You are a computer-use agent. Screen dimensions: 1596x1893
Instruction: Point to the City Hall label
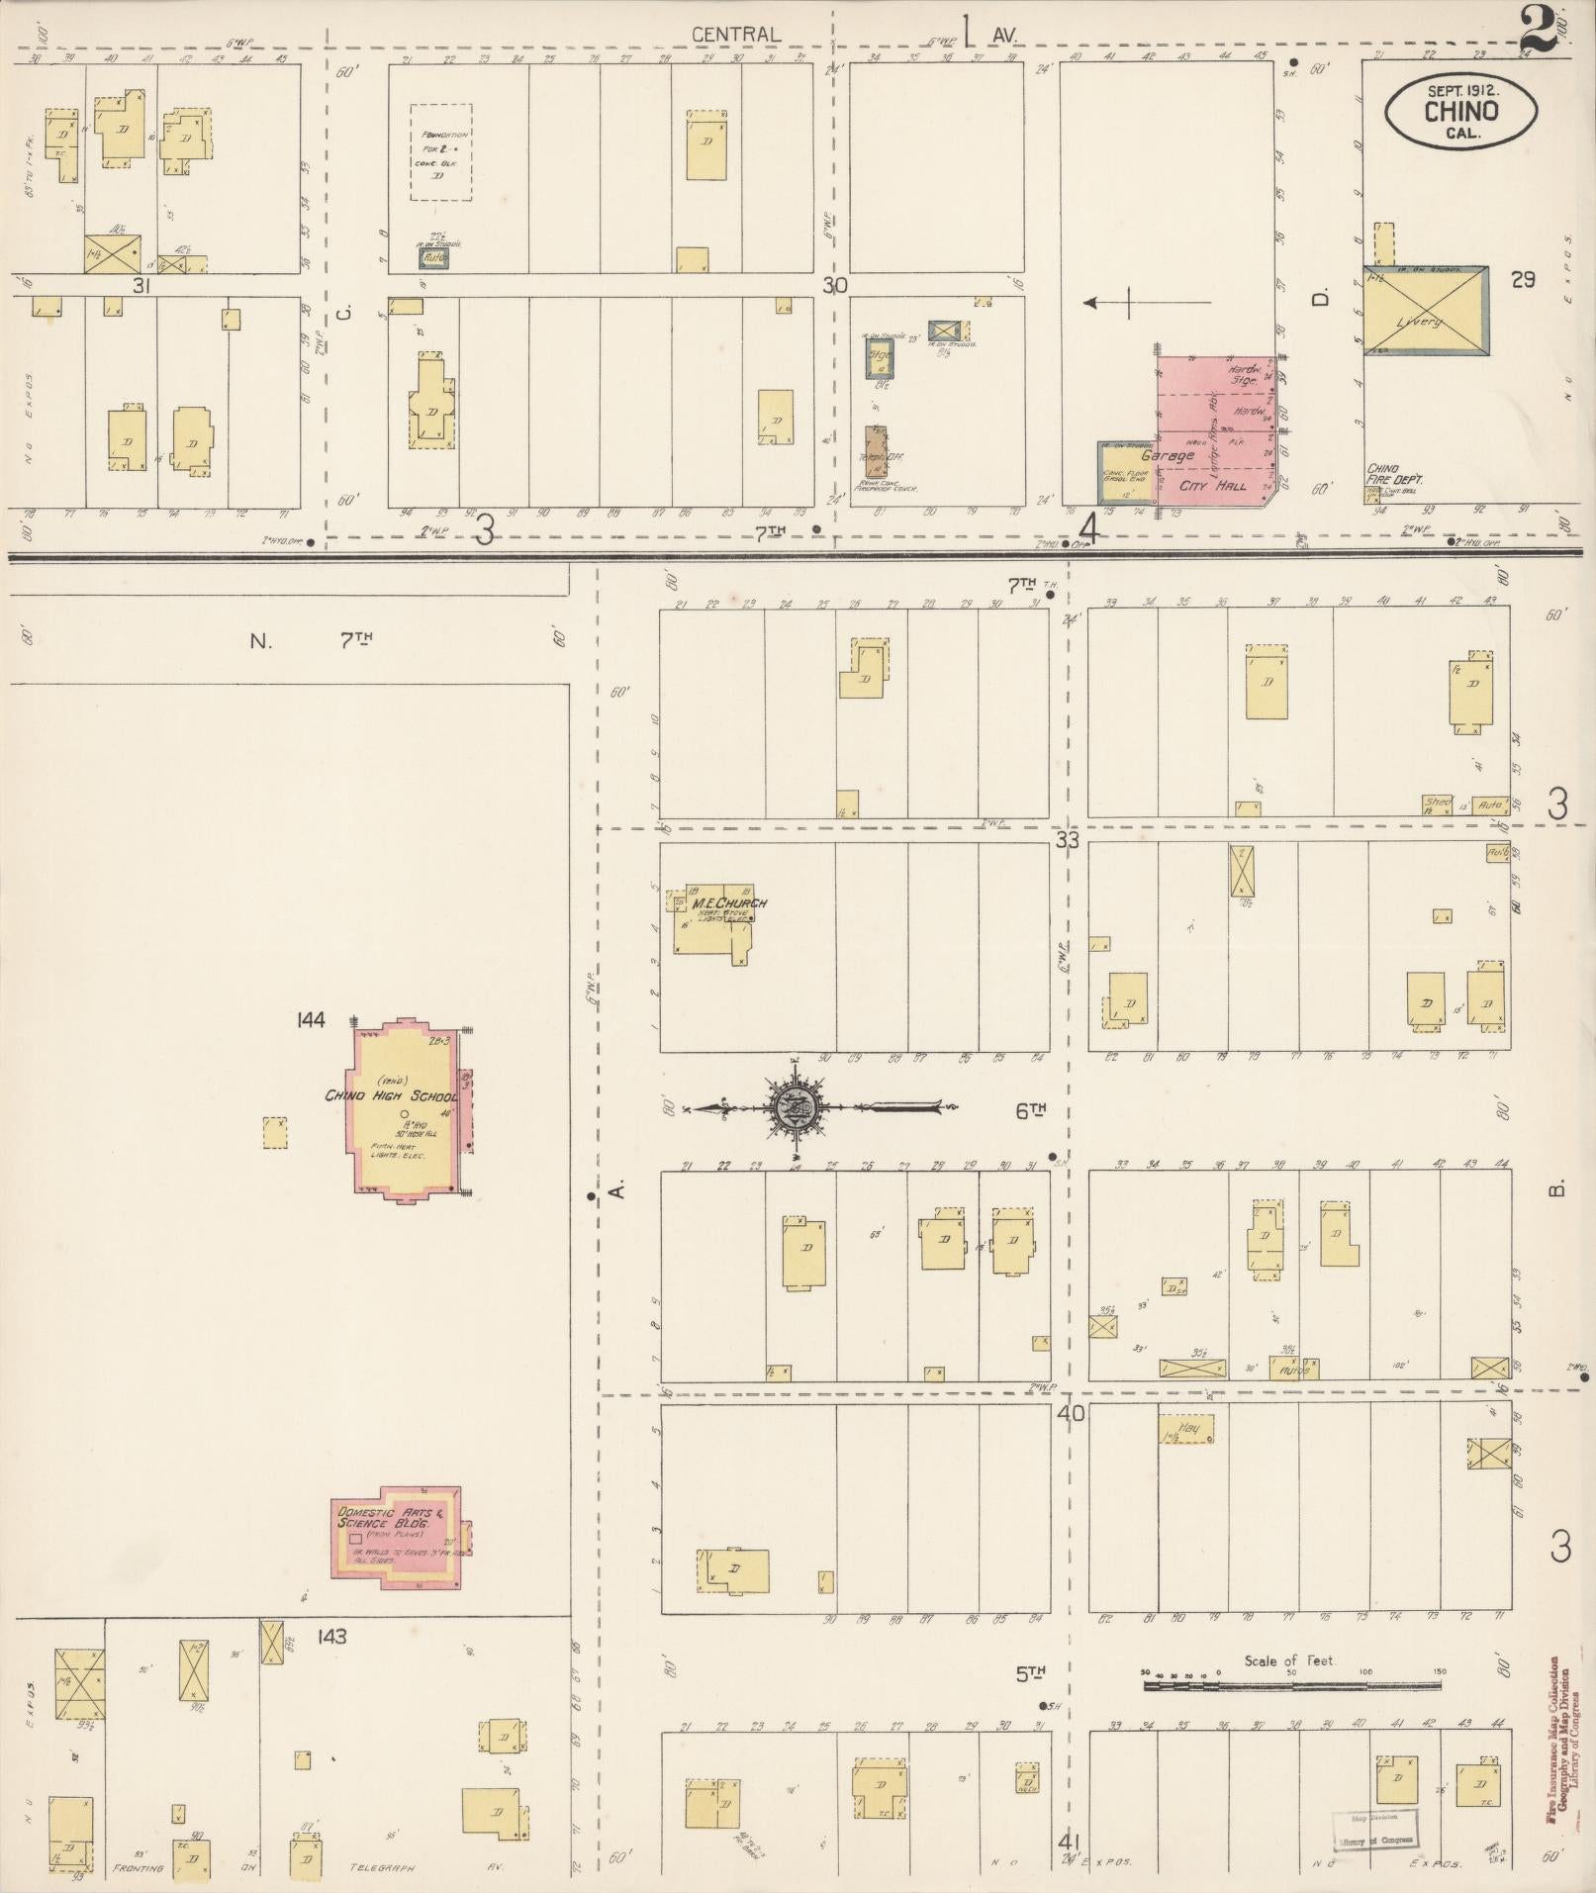click(1212, 486)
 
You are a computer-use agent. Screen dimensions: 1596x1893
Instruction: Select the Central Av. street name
click(737, 35)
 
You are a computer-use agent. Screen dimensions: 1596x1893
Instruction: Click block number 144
click(311, 1020)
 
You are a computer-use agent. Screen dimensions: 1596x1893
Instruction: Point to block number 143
click(332, 1637)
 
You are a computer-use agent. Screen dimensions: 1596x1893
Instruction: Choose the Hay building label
click(1188, 1428)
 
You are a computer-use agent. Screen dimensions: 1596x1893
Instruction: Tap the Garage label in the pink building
click(1168, 455)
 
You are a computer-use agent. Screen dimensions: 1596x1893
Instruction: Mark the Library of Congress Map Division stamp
click(1374, 1830)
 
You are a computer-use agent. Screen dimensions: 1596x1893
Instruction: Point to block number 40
click(1071, 1413)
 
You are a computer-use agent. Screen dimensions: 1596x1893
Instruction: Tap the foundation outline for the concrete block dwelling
click(441, 152)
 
